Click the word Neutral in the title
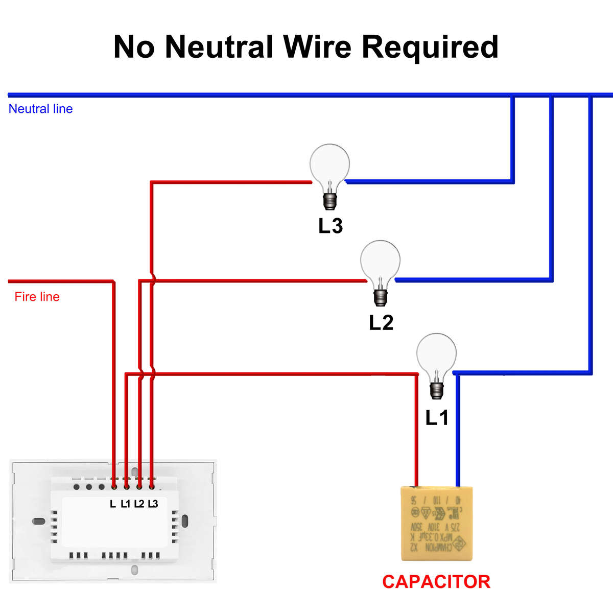pos(219,46)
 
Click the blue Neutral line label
pos(40,109)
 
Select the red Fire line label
pos(37,297)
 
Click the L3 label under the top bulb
pos(330,226)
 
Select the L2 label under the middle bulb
pos(381,323)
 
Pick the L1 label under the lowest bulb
pos(437,418)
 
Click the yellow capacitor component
pos(436,523)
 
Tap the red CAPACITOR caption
pos(436,582)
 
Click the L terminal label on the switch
pos(113,504)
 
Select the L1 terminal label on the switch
pos(126,504)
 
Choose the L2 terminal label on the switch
pos(139,504)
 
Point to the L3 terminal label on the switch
pos(153,504)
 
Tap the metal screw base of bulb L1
pos(436,390)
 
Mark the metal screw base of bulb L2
pos(381,297)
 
